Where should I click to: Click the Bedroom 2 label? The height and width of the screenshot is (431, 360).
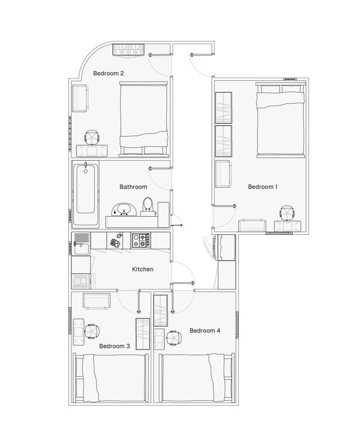pos(108,73)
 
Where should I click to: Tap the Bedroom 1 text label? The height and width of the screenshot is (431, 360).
pos(262,187)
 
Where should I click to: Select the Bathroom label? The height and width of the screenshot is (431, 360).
pos(134,187)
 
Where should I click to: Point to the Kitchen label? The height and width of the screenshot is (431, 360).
pos(143,269)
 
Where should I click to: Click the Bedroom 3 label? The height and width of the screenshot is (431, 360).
pos(114,346)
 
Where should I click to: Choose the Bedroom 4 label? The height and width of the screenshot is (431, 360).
pos(205,331)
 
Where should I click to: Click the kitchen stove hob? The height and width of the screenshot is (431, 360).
pos(141,240)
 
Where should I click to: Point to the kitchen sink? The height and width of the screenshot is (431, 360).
pos(81,244)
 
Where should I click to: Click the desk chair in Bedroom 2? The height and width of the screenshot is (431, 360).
pos(92,137)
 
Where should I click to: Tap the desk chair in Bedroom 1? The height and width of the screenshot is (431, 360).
pos(287,213)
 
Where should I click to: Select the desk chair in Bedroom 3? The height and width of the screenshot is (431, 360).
pos(92,331)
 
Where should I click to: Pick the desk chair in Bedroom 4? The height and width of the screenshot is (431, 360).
pos(175,338)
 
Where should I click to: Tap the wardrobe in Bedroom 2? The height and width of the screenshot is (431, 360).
pos(129,50)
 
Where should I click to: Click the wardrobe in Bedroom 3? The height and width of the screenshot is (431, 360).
pos(143,334)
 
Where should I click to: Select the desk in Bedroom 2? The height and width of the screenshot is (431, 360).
pos(92,151)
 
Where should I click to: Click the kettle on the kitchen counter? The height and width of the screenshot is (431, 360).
pos(119,235)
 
